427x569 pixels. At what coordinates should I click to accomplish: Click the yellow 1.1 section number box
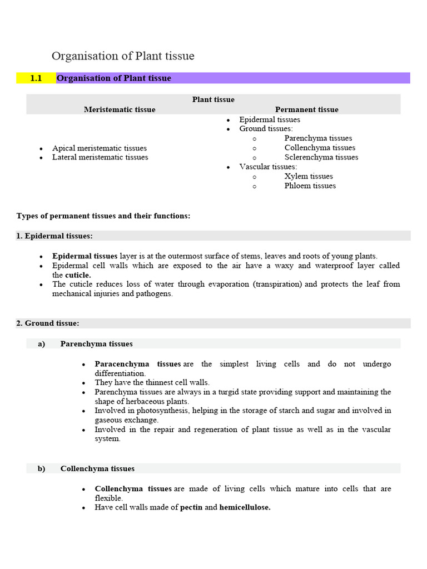pos(37,78)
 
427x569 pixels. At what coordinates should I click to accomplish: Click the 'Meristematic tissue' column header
pos(120,109)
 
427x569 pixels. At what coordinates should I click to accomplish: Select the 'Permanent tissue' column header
pos(306,109)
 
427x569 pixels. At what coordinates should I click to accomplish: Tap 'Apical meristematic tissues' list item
pos(100,148)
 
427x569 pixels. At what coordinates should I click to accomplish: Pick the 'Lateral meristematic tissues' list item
pos(100,157)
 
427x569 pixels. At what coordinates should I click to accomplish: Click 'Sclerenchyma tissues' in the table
pos(321,157)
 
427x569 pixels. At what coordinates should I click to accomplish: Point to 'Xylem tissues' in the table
pos(309,176)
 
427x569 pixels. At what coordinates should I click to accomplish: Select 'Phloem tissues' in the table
pos(310,186)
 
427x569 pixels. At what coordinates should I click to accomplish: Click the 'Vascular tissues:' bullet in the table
pos(268,167)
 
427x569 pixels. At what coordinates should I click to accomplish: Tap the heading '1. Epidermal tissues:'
pos(54,236)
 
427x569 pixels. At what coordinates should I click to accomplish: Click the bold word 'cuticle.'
pos(78,275)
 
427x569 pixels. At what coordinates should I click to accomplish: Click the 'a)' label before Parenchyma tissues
pos(41,344)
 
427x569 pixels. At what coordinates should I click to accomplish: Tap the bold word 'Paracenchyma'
pos(122,364)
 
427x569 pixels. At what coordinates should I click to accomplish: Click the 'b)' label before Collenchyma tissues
pos(41,468)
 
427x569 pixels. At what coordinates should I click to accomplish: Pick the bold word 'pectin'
pos(191,507)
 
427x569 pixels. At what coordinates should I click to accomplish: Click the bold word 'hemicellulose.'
pos(245,507)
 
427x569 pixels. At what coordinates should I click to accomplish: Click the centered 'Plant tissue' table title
pos(213,99)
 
